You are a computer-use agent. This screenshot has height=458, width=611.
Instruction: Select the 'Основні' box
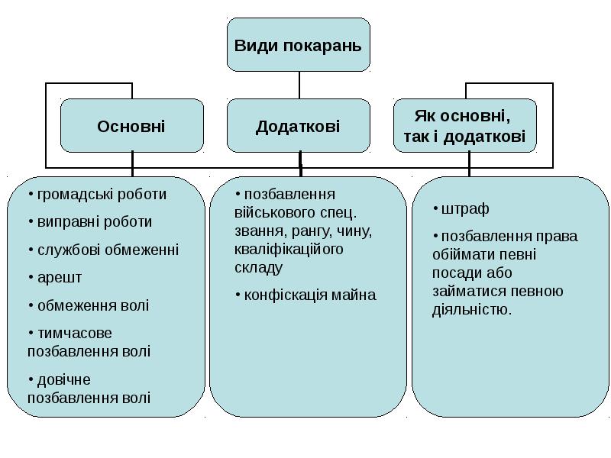(131, 125)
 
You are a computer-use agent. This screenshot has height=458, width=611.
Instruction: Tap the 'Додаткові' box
(298, 125)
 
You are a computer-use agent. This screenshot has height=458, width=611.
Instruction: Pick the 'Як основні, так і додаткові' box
(464, 125)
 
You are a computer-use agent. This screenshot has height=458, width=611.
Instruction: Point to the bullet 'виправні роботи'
(95, 222)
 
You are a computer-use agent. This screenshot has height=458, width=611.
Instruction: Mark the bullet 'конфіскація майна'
(309, 295)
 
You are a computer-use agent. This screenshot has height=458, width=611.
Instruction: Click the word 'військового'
(269, 212)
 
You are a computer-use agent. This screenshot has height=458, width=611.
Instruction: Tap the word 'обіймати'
(458, 254)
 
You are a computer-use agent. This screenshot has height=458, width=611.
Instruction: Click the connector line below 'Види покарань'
(299, 85)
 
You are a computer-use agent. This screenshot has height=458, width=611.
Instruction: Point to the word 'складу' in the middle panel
(258, 268)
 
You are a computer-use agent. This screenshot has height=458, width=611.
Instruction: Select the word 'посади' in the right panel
(455, 273)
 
